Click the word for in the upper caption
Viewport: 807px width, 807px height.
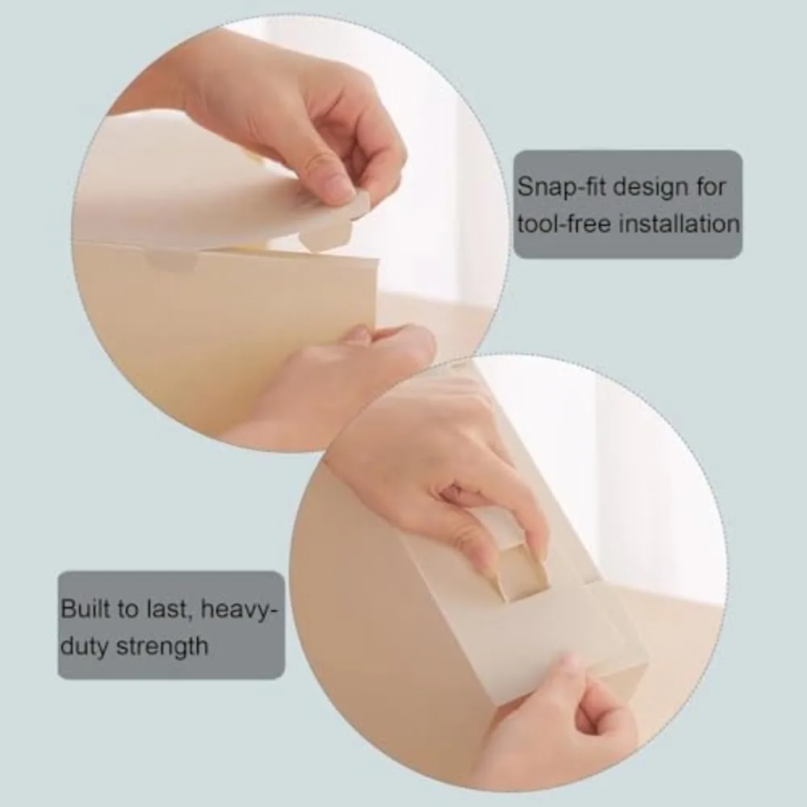(x=711, y=186)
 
